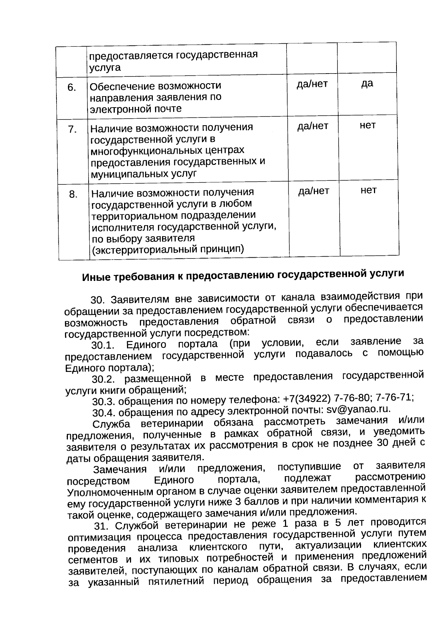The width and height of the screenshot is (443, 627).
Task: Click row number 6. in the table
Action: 72,88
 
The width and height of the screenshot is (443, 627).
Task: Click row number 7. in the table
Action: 72,130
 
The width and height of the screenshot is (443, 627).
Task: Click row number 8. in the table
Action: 73,194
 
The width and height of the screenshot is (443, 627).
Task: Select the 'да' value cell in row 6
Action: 367,84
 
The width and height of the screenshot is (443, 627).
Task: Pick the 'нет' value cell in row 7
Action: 368,125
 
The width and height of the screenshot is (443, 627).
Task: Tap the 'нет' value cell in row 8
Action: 368,190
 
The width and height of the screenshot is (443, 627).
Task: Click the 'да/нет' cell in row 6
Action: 312,84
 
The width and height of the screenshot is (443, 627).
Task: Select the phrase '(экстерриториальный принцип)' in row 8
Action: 168,249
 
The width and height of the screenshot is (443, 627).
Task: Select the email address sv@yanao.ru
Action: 358,409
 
